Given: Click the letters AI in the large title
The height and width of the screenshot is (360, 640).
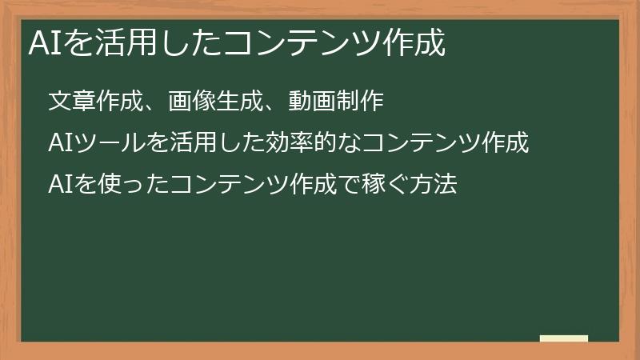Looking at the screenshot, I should (x=39, y=43).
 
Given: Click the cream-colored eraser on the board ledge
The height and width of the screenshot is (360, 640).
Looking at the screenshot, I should (x=564, y=338).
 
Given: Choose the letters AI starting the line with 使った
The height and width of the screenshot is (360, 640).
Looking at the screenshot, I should (x=58, y=186).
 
